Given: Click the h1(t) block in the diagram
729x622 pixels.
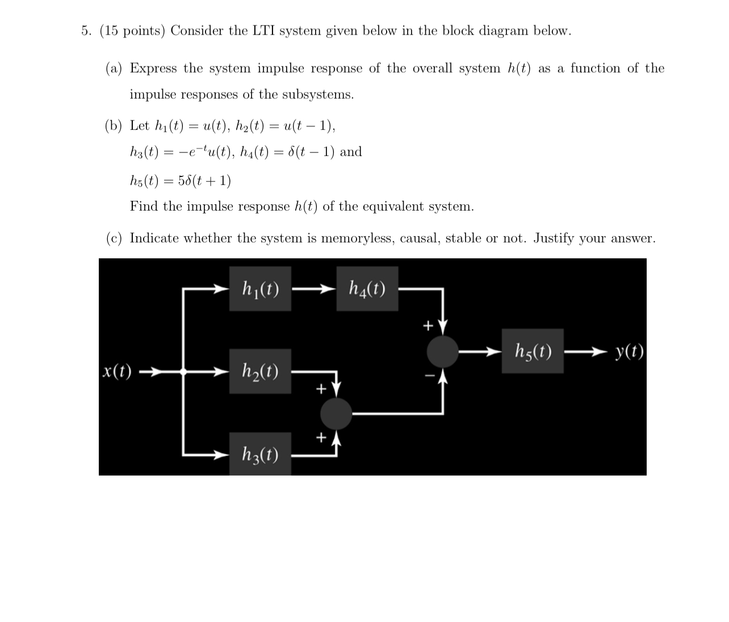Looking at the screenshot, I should pyautogui.click(x=260, y=289).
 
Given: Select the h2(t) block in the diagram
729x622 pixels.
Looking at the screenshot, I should pyautogui.click(x=260, y=371).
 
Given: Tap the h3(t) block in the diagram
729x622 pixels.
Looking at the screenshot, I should pyautogui.click(x=260, y=454).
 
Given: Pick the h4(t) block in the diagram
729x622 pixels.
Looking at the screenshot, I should pyautogui.click(x=367, y=289).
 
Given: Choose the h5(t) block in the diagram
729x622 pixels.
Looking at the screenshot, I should pyautogui.click(x=532, y=351).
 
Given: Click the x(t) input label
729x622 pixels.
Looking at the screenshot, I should pyautogui.click(x=117, y=372).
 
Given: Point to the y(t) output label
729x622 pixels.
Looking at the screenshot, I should pyautogui.click(x=629, y=351).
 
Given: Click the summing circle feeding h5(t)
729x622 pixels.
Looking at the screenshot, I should pyautogui.click(x=442, y=351).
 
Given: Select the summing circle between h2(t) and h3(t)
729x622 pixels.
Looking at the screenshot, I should pyautogui.click(x=336, y=413).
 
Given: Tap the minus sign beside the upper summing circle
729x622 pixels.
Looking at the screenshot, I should pyautogui.click(x=430, y=375).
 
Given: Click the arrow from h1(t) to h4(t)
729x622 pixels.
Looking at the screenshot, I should pyautogui.click(x=313, y=289).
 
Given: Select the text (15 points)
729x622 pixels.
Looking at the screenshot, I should pyautogui.click(x=132, y=31).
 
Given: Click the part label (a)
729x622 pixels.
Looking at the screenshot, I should pyautogui.click(x=114, y=69).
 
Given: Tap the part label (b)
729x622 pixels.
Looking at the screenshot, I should pyautogui.click(x=114, y=126).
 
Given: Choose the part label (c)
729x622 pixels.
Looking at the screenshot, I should pyautogui.click(x=114, y=238).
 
